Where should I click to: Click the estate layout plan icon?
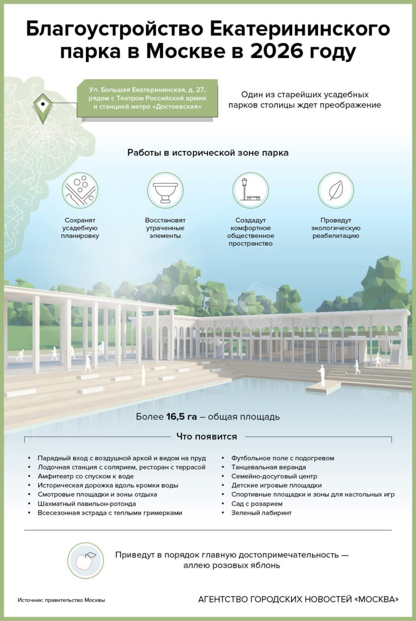coord(80,190)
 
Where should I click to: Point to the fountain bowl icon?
coord(165,190)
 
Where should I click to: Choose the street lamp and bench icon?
coord(250,190)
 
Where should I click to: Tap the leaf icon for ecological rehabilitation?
coord(335,190)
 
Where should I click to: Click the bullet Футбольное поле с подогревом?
coord(283,458)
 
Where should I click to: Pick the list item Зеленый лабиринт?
coord(261,513)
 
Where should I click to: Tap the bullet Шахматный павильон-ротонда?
coord(84,504)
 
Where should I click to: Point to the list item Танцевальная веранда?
coord(268,467)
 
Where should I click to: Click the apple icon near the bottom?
coord(85,560)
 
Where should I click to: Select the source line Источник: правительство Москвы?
coord(61,600)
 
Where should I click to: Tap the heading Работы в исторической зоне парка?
coord(208,153)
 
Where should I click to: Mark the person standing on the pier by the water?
coord(321,376)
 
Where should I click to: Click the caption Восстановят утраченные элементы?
coord(165,228)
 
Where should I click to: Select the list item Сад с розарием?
coord(257,504)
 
